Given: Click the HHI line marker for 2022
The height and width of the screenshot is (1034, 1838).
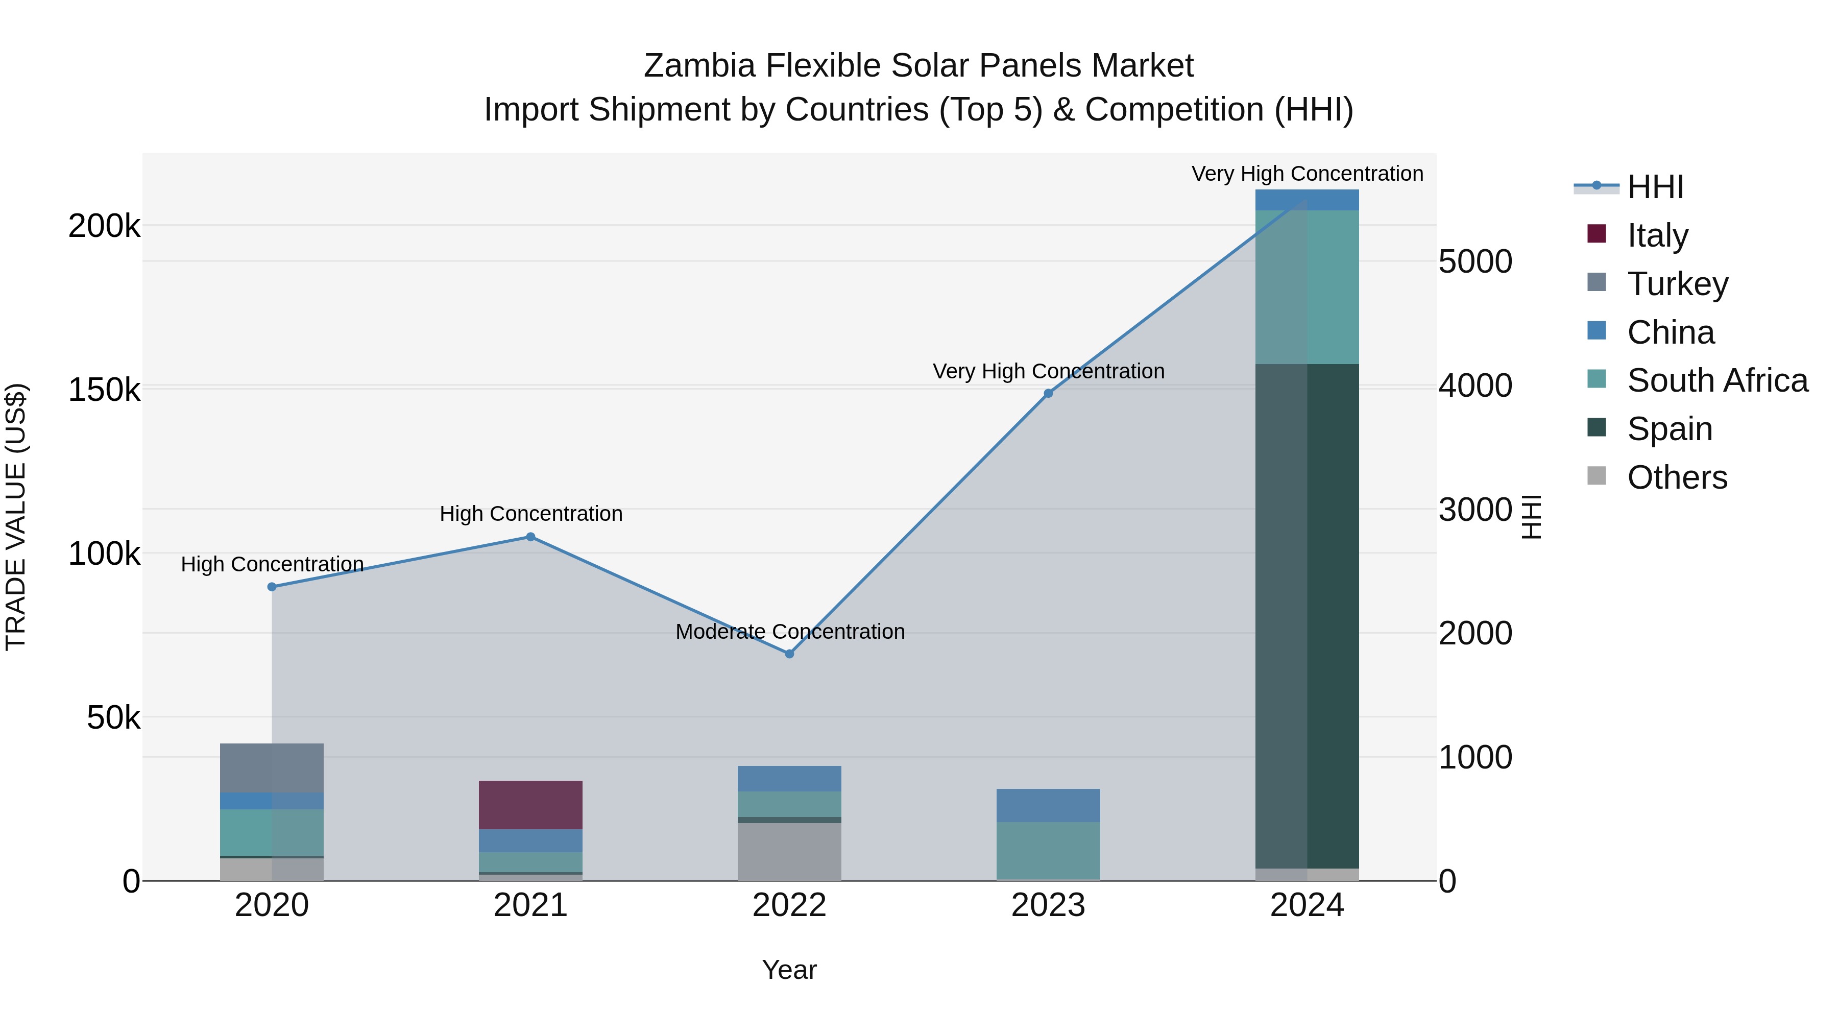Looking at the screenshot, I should pos(789,654).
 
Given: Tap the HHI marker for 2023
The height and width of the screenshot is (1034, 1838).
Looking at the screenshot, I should pos(1048,393).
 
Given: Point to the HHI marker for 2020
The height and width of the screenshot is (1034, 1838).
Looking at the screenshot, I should pos(272,587).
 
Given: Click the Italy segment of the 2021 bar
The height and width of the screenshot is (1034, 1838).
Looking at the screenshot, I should pos(530,804).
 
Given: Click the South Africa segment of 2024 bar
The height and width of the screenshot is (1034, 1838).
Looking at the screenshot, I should pos(1307,287).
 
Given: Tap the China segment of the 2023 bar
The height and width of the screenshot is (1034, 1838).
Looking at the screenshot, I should pos(1048,805).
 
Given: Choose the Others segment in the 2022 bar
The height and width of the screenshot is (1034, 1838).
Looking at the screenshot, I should pos(789,851).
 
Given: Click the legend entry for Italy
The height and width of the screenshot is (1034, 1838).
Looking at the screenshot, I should pos(1657,235).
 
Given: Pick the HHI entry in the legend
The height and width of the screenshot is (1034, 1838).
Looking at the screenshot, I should pos(1655,187).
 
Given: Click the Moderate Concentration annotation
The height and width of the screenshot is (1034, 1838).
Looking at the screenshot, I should pos(790,632).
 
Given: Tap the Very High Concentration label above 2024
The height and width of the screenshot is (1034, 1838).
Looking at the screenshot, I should pos(1307,174).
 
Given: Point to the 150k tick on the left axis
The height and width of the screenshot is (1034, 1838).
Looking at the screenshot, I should pos(104,390).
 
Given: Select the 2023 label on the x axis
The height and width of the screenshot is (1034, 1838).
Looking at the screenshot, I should pos(1048,905).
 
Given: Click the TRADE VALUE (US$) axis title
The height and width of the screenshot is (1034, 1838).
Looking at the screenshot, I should pos(16,517).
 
